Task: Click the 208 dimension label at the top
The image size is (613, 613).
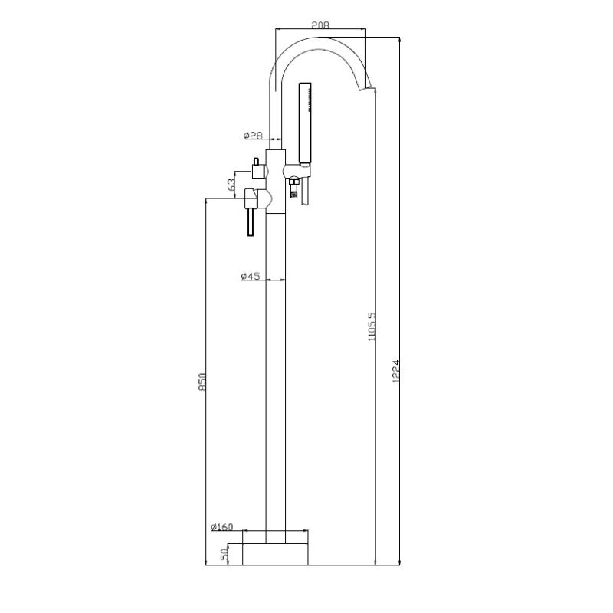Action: point(320,25)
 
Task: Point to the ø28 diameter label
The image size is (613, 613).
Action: point(253,136)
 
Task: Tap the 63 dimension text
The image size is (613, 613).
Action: point(231,185)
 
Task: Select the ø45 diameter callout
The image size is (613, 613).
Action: point(251,276)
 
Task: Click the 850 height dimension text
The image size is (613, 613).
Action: point(202,381)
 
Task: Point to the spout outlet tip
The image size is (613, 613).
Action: point(370,86)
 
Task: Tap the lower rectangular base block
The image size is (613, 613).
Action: point(275,554)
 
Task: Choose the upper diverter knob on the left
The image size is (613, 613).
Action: point(256,170)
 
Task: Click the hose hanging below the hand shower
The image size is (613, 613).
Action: point(306,192)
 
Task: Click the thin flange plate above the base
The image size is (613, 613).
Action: point(275,535)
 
